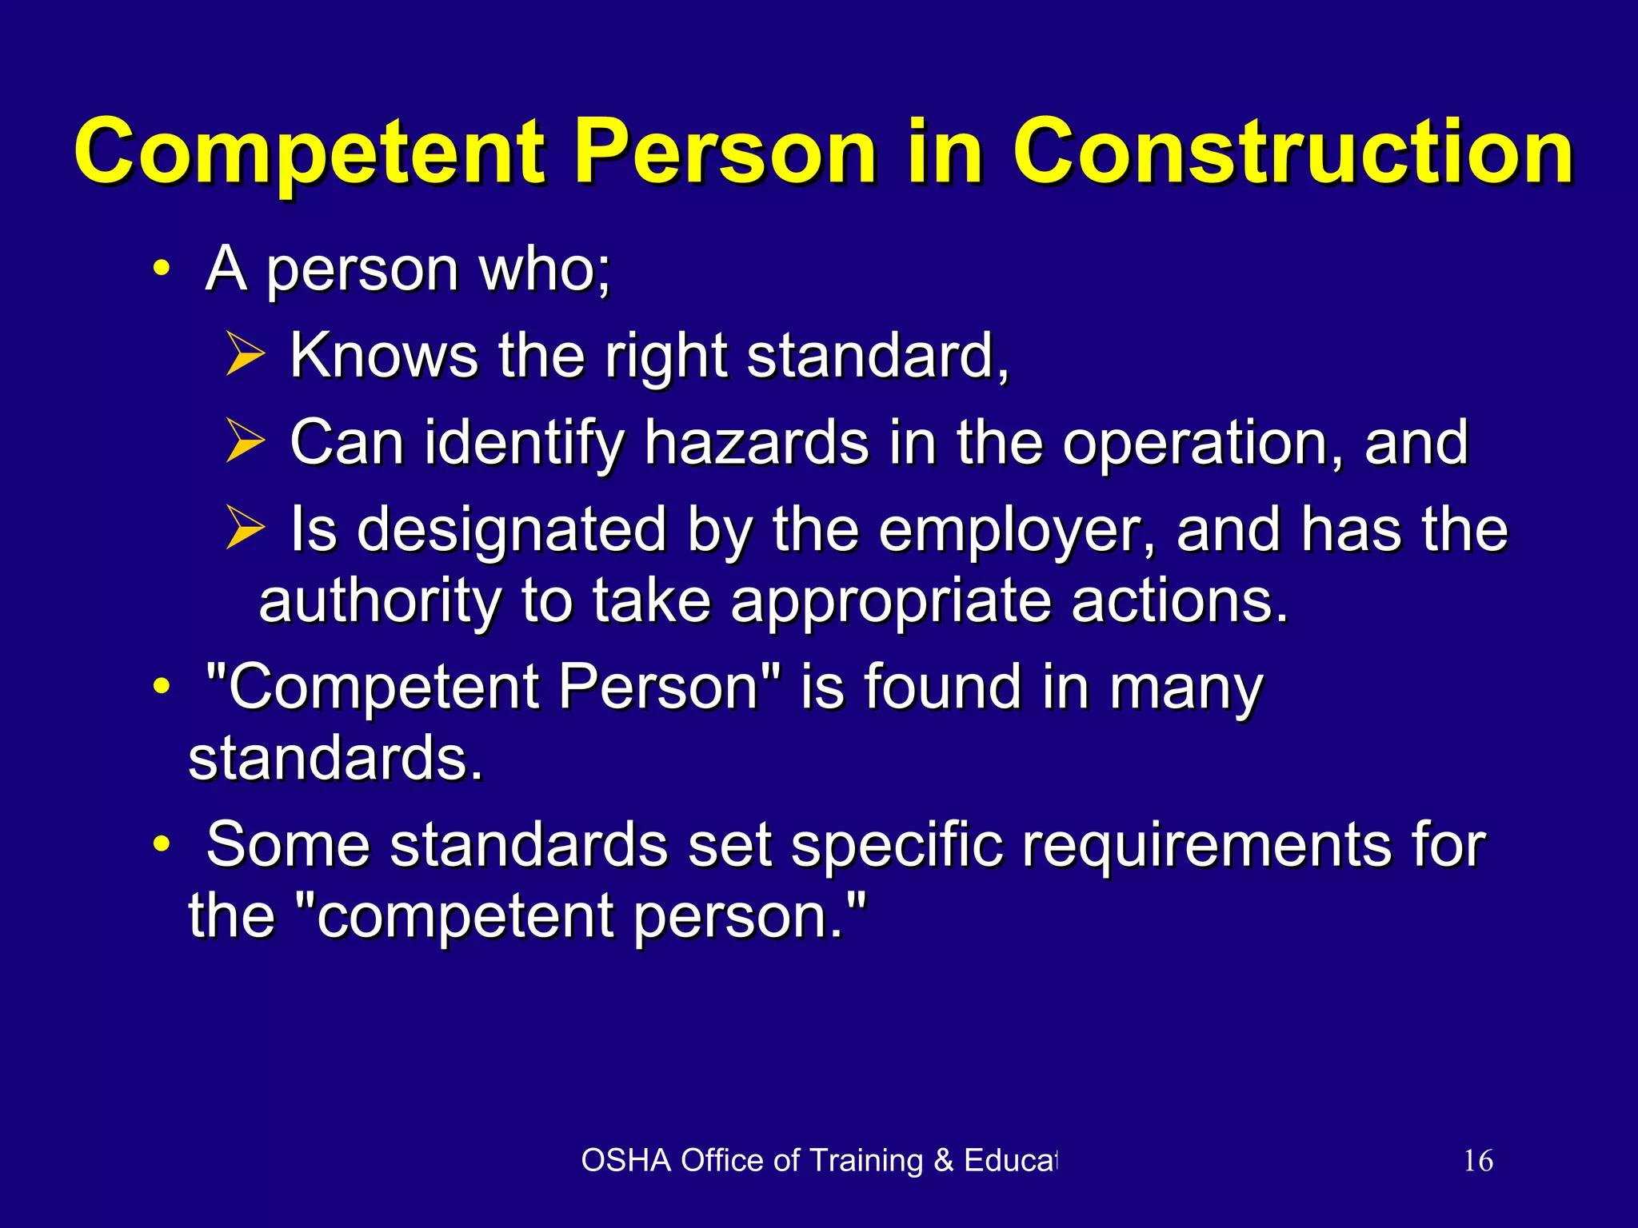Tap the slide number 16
tap(1478, 1161)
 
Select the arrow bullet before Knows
tap(245, 355)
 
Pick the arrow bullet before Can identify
tap(245, 441)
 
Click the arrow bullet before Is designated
tap(245, 528)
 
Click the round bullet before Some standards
tap(162, 844)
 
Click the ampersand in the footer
tap(944, 1161)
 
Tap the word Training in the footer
tap(866, 1161)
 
